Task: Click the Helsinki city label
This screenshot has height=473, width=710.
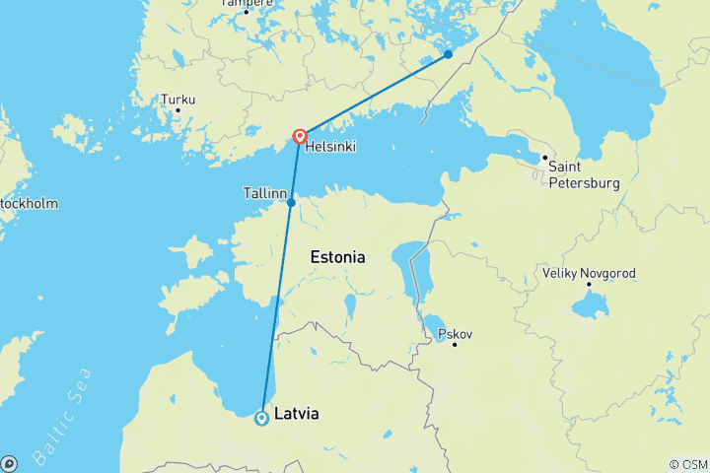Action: point(329,147)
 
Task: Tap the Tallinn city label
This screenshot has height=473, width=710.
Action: point(264,194)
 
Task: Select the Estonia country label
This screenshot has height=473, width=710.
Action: point(337,257)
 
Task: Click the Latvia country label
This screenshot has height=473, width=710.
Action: point(297,415)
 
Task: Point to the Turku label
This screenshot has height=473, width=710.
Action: point(178,100)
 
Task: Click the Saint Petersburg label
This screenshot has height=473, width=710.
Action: point(585,174)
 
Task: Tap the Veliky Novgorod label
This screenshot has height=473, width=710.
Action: point(589,272)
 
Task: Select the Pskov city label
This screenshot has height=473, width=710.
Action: point(455,334)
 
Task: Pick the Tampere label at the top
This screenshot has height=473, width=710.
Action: point(246,3)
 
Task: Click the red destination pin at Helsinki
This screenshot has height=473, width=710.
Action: point(299,137)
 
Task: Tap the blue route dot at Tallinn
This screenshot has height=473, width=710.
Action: point(291,203)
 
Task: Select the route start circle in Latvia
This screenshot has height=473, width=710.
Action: point(261,418)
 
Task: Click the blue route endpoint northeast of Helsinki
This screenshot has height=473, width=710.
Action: point(448,54)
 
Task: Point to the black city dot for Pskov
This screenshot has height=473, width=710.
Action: point(455,345)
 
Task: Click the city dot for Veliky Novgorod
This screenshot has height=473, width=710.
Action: point(589,285)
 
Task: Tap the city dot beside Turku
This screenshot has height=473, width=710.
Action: point(177,110)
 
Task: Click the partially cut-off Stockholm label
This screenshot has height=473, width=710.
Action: point(29,204)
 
